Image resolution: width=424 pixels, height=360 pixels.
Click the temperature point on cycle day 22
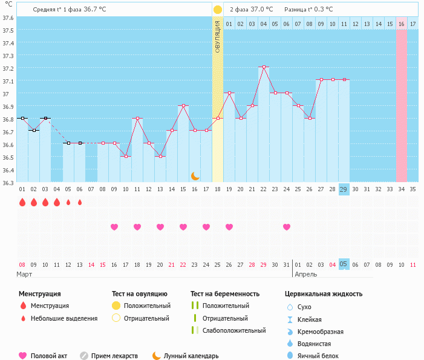click(264, 67)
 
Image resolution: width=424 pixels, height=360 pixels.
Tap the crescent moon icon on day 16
click(195, 176)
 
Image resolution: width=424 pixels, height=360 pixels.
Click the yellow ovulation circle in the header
click(218, 10)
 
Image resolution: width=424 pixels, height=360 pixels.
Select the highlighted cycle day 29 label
click(344, 189)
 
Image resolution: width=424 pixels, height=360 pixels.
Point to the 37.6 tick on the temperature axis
click(8, 18)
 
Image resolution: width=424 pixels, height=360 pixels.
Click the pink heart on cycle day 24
click(287, 227)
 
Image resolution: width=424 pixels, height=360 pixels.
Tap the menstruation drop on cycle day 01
click(22, 203)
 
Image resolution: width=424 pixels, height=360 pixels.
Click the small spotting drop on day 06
click(80, 203)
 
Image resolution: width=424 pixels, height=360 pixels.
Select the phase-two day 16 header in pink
click(402, 24)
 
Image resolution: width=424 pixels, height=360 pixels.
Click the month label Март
click(25, 274)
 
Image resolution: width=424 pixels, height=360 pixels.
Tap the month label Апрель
click(305, 274)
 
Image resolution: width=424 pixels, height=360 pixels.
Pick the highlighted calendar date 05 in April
click(344, 264)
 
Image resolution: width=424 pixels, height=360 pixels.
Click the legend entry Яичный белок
click(322, 356)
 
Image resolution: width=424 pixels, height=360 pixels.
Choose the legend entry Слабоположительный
click(234, 330)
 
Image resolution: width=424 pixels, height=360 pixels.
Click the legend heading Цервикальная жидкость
click(324, 293)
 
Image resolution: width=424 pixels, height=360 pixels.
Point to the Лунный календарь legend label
click(191, 356)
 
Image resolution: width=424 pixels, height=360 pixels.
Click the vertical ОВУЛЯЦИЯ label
click(218, 36)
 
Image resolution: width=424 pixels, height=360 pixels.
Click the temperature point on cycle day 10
click(126, 156)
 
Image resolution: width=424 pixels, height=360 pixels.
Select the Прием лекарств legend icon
click(84, 356)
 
